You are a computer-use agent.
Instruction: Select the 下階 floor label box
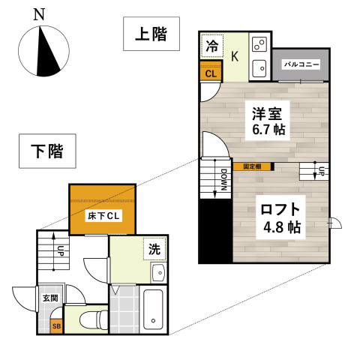click(46, 152)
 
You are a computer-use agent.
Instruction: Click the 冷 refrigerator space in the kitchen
click(212, 47)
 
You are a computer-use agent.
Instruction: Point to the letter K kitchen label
click(235, 56)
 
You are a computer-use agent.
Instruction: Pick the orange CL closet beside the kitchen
click(210, 73)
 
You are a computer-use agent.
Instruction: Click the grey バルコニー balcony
click(301, 65)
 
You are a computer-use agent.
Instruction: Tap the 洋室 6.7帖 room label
click(266, 121)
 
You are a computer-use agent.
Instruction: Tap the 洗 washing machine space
click(154, 249)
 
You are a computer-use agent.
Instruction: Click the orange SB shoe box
click(56, 326)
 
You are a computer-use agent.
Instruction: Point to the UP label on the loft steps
click(321, 171)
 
